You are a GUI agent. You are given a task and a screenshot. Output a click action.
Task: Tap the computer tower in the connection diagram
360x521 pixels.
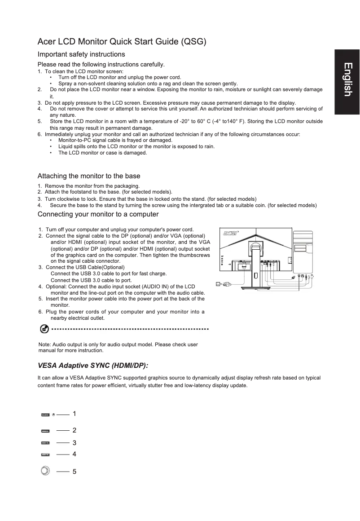[x=303, y=250]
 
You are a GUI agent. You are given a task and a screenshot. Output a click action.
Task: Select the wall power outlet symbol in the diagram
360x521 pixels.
[x=219, y=284]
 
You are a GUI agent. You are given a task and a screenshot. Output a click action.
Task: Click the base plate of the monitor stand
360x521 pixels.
[x=255, y=290]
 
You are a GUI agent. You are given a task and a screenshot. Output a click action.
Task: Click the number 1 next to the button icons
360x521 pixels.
[x=75, y=413]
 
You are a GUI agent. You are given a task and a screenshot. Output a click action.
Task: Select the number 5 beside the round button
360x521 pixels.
[x=75, y=472]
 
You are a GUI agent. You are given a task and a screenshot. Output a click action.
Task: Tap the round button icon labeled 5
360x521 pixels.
[x=45, y=471]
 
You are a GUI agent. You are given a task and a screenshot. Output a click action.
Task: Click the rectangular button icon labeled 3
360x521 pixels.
[x=45, y=443]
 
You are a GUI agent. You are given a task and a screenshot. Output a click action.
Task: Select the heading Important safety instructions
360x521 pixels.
[x=81, y=54]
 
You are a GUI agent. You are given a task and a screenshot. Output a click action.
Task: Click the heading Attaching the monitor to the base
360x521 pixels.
[x=89, y=176]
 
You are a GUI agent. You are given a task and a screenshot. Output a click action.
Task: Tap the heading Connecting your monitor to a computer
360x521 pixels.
[x=98, y=214]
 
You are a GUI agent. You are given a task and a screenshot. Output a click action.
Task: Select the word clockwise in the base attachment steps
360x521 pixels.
[x=68, y=199]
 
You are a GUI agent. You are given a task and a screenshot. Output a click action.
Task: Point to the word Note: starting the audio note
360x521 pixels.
[x=45, y=344]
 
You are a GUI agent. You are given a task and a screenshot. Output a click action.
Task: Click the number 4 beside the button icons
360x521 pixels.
[x=75, y=454]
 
